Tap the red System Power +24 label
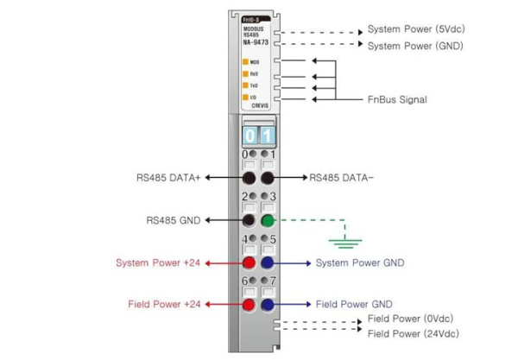tap(158, 262)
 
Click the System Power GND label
tap(360, 262)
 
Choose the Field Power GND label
tap(354, 304)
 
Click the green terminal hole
tap(268, 221)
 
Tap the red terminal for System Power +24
tap(248, 262)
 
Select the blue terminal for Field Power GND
tap(268, 304)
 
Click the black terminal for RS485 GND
tap(248, 221)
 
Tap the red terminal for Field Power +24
tap(248, 304)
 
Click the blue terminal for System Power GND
tap(268, 262)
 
